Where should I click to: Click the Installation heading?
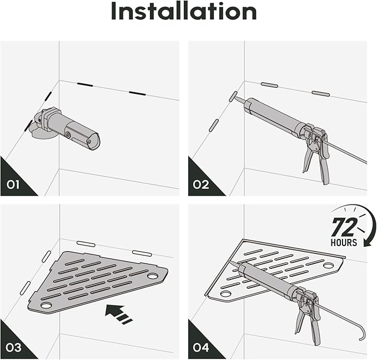pyautogui.click(x=184, y=11)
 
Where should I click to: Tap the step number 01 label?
pyautogui.click(x=13, y=185)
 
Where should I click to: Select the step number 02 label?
pyautogui.click(x=201, y=185)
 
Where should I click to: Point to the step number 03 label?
pyautogui.click(x=13, y=348)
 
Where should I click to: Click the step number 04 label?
pyautogui.click(x=201, y=348)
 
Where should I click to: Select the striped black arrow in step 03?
pyautogui.click(x=118, y=313)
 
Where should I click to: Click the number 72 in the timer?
pyautogui.click(x=344, y=227)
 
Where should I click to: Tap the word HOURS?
pyautogui.click(x=344, y=242)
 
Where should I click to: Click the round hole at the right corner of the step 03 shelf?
pyautogui.click(x=153, y=276)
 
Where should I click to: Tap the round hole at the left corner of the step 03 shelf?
pyautogui.click(x=46, y=306)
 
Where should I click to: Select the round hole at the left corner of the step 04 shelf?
pyautogui.click(x=225, y=293)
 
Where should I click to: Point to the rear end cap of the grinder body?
pyautogui.click(x=94, y=142)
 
